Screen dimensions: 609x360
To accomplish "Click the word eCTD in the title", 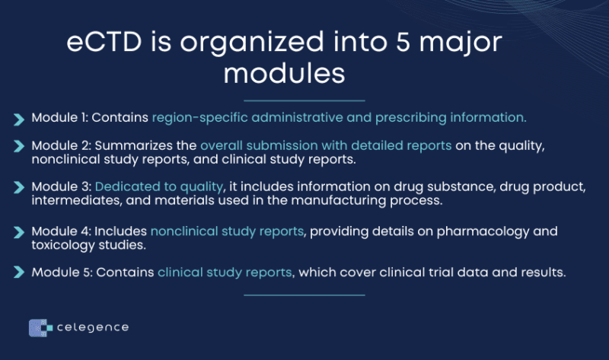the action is pos(104,42).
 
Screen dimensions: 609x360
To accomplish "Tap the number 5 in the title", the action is pos(403,42).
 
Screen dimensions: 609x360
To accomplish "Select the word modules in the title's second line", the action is pos(284,73).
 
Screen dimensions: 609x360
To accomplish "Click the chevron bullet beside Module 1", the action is pos(18,119).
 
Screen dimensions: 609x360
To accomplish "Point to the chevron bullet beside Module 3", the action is pos(18,187).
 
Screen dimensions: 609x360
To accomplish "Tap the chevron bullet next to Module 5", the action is pos(18,272).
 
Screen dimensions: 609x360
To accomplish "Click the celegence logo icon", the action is pos(40,328).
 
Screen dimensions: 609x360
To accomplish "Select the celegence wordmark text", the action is pos(93,327).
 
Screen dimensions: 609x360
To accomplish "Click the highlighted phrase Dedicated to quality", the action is pos(159,186).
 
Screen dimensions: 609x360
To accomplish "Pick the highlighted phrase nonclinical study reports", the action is pos(227,231).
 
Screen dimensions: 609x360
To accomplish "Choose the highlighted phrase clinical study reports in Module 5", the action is pos(225,272).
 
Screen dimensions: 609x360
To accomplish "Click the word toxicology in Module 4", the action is pos(63,245).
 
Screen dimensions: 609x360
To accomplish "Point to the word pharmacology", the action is pos(483,232).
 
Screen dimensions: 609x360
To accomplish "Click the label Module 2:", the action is pos(62,145).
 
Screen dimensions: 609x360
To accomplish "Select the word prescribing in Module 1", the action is pos(411,118).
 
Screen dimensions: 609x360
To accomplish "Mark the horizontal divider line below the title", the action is pos(304,100).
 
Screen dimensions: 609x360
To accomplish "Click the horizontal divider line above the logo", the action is pos(304,295).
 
